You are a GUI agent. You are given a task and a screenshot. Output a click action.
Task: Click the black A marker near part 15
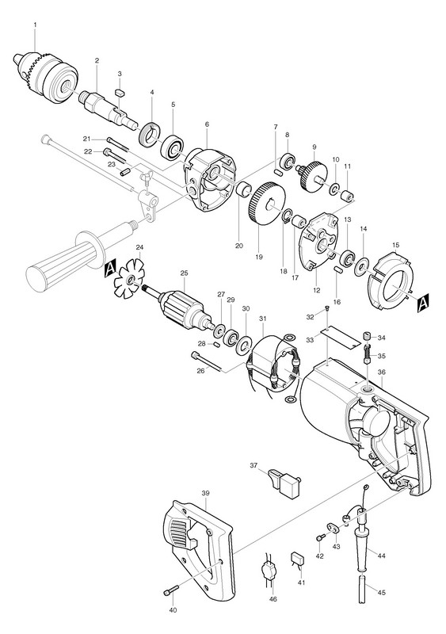point(423,302)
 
